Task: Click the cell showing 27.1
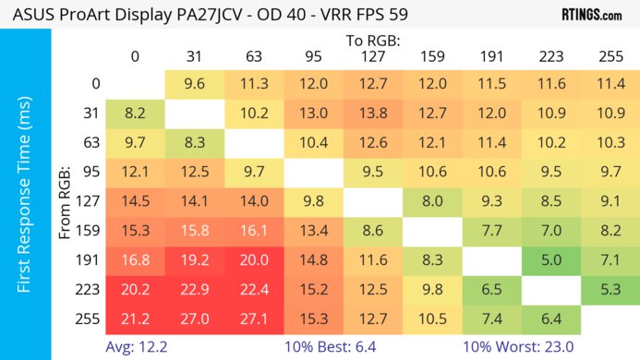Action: [x=254, y=319]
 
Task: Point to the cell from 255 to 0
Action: [x=135, y=319]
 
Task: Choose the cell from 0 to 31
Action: [x=194, y=84]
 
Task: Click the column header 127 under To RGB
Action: [x=372, y=56]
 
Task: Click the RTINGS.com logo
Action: [x=591, y=16]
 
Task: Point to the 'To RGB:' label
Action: [x=373, y=41]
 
